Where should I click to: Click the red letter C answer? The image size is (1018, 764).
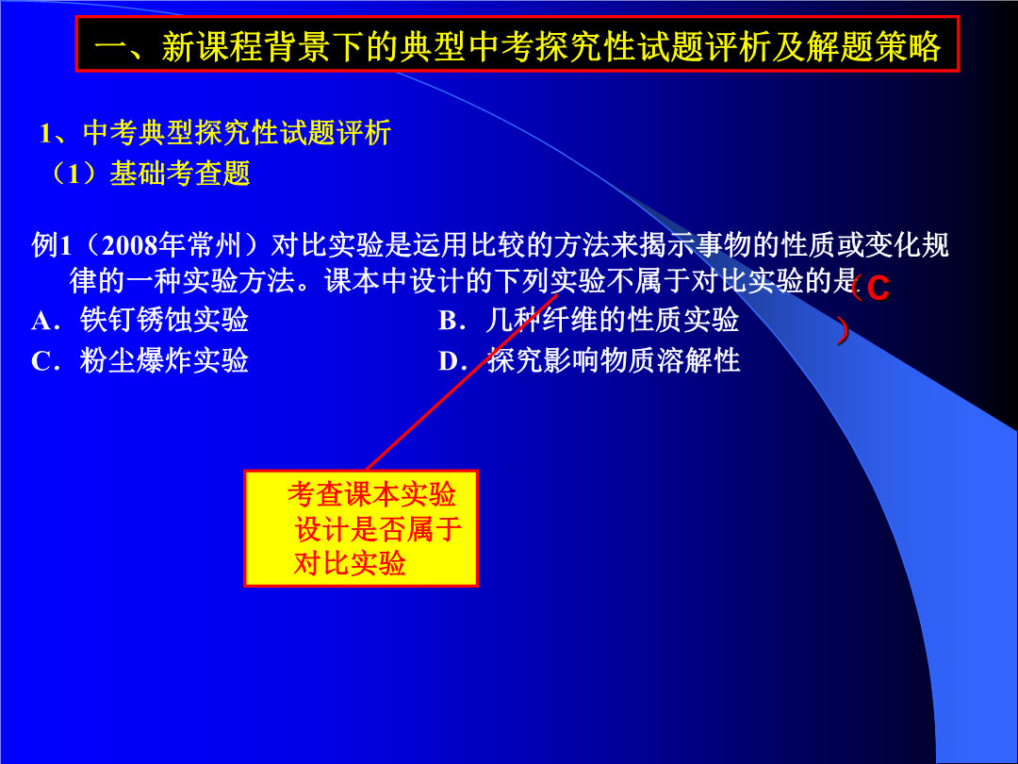[878, 289]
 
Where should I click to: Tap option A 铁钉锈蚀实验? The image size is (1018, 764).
[140, 321]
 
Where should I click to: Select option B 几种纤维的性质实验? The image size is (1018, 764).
[589, 321]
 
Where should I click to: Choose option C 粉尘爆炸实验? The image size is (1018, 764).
[140, 360]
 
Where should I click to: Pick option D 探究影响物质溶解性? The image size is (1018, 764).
[589, 360]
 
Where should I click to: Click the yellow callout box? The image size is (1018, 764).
[361, 528]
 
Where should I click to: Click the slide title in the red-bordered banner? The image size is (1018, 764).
[517, 44]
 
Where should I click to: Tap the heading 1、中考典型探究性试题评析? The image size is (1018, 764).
[215, 133]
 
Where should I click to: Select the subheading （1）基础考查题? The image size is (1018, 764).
[151, 173]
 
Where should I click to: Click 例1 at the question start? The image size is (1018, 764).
[51, 245]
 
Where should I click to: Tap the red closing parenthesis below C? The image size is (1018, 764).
[842, 331]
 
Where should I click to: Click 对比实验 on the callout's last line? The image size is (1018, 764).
[350, 563]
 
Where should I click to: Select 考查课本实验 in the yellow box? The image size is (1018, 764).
[372, 494]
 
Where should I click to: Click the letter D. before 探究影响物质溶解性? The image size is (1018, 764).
[452, 361]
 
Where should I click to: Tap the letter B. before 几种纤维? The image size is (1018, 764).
[452, 321]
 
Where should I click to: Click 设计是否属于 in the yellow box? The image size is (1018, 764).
[379, 529]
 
